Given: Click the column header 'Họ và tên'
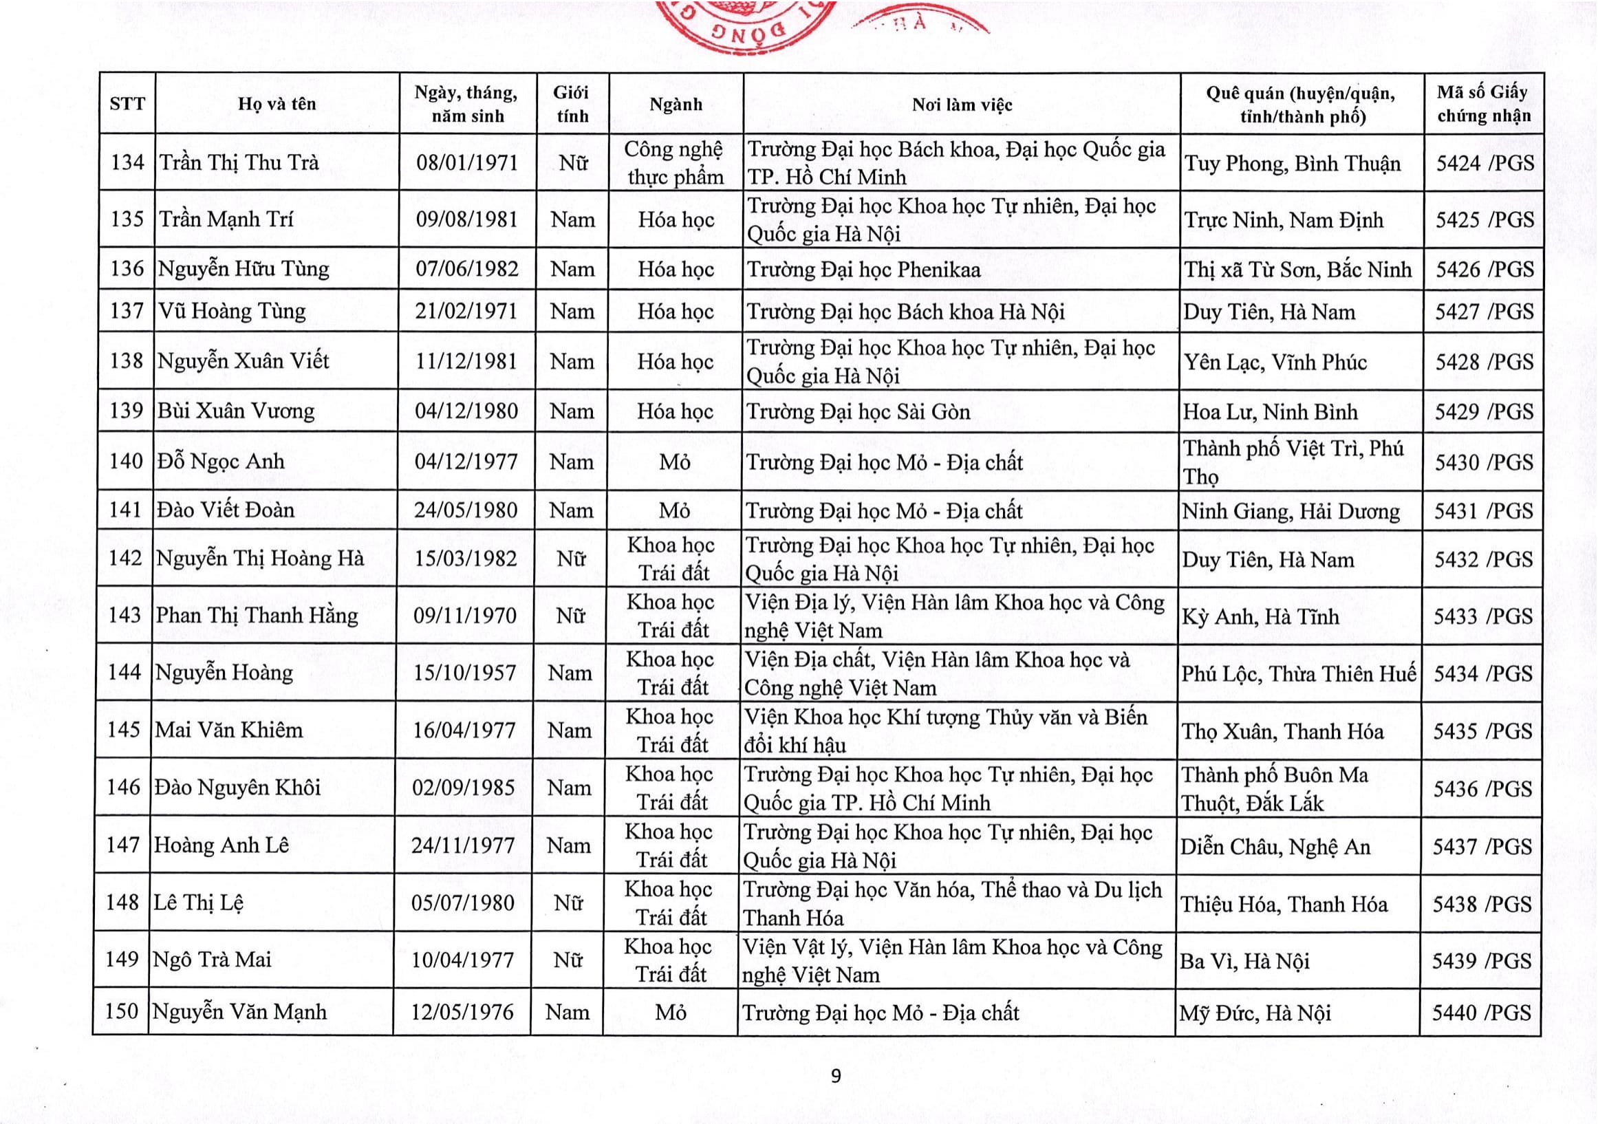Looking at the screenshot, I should click(x=277, y=105).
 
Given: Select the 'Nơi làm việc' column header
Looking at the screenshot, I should click(x=962, y=105).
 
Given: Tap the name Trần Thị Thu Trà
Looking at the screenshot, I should click(x=239, y=163).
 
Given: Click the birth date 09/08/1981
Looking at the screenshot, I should click(x=467, y=220).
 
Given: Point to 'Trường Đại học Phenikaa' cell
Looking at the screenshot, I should click(x=864, y=270).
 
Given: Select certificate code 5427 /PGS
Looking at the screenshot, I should click(x=1484, y=312).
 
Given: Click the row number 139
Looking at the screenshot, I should click(x=126, y=411).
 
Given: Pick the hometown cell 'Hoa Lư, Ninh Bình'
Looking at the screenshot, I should click(x=1270, y=412).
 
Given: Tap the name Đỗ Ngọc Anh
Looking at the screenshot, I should click(x=222, y=462).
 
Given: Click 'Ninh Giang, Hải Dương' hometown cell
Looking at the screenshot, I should click(x=1291, y=512).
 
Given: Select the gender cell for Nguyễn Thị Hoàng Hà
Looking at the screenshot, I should click(x=571, y=558).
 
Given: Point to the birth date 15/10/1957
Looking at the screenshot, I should click(x=464, y=673).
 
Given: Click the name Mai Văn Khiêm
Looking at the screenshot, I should click(x=229, y=730).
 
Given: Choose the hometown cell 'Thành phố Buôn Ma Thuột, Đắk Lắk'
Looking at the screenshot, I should click(x=1275, y=788).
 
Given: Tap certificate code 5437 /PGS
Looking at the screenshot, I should click(x=1482, y=846).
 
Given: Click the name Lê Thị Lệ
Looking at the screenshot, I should click(x=198, y=903).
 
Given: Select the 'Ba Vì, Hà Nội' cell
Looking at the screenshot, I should click(x=1244, y=961).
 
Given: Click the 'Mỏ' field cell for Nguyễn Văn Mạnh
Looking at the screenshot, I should click(x=671, y=1012).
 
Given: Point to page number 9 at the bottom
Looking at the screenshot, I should click(x=836, y=1076).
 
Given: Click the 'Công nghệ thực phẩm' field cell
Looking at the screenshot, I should click(x=674, y=163).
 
